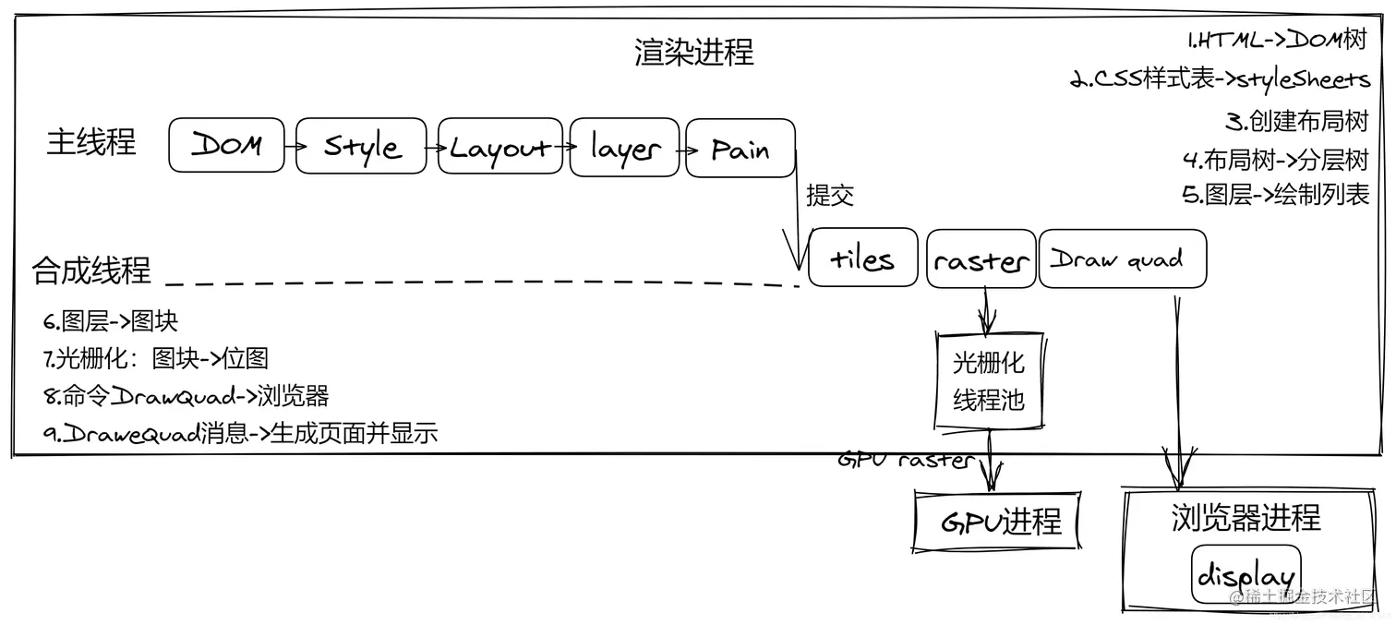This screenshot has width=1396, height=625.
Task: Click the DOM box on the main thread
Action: coord(226,145)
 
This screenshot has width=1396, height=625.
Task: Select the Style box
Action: coord(361,146)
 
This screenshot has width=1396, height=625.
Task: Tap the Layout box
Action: coord(499,147)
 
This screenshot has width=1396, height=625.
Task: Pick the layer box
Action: coord(624,147)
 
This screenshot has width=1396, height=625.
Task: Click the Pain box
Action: coord(740,148)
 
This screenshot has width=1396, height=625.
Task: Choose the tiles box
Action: coord(862,258)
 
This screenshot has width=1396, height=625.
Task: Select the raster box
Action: coord(981,259)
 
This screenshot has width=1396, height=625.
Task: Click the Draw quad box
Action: coord(1123,258)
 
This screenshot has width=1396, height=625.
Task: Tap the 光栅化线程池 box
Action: coord(989,381)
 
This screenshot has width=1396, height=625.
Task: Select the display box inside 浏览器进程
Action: coord(1246,574)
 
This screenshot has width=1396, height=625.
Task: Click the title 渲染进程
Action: coord(693,52)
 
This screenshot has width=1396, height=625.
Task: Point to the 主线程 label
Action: coord(90,142)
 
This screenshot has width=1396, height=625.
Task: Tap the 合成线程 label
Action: coord(90,270)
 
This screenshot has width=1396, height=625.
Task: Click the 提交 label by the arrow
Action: coord(830,195)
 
